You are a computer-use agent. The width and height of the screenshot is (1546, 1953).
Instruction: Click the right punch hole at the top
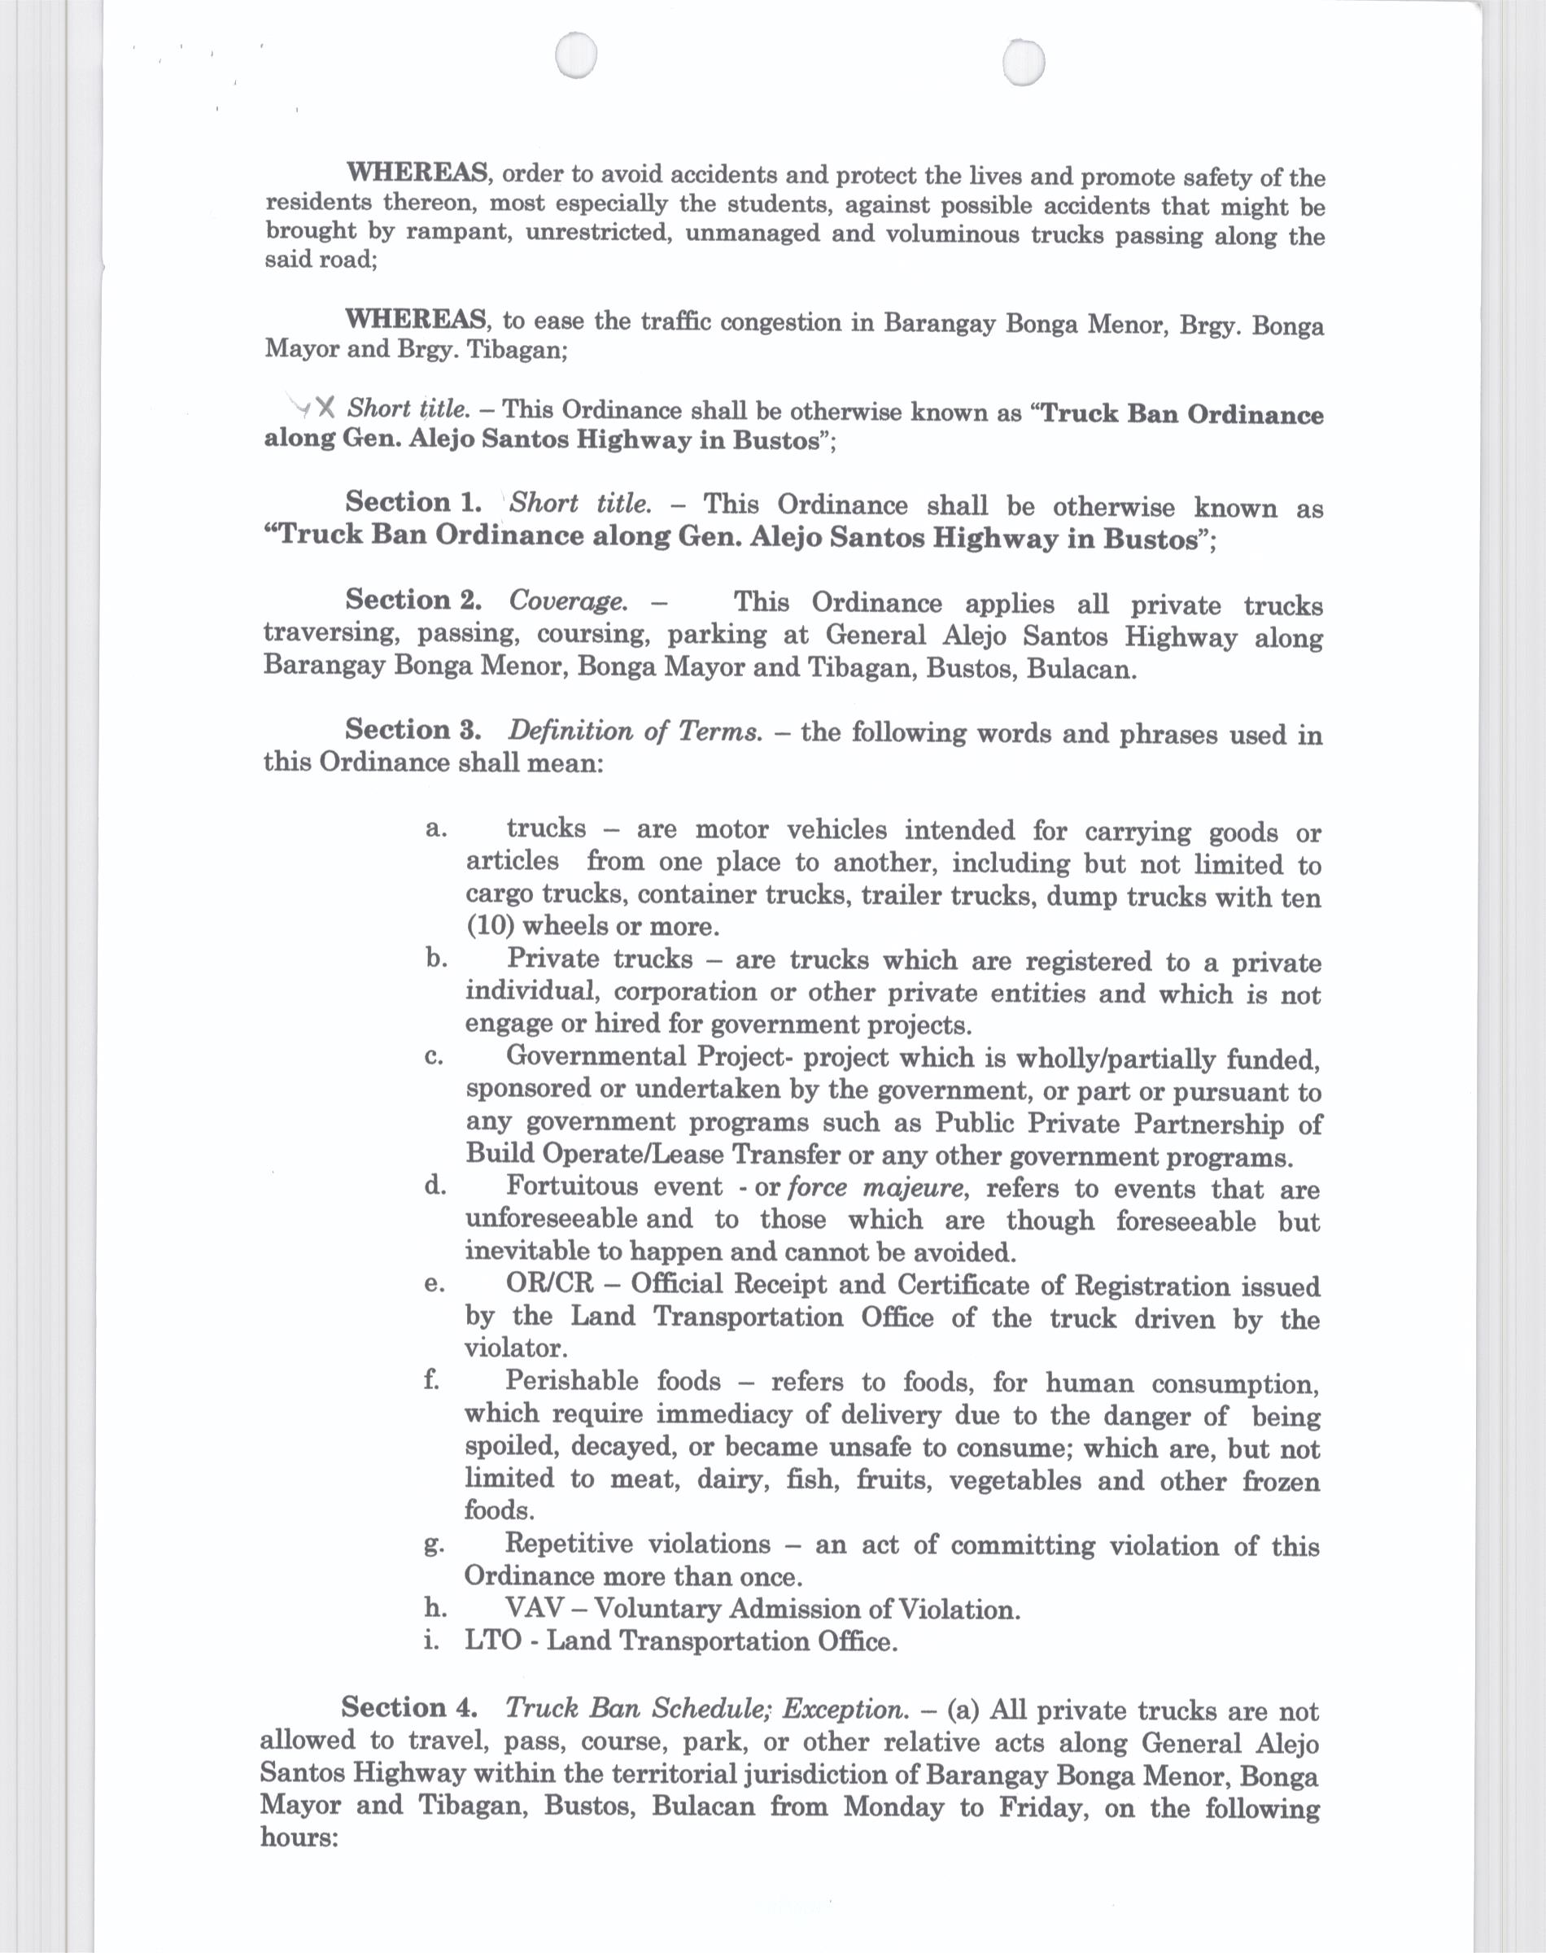point(1024,64)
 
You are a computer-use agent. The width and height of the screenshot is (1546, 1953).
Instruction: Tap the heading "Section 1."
point(413,502)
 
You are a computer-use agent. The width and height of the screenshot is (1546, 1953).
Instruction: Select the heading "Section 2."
point(413,600)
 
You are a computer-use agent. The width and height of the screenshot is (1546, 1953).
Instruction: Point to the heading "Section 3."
point(413,729)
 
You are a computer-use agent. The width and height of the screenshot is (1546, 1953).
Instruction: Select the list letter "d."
point(435,1185)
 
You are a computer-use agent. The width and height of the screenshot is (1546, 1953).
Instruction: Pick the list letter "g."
point(434,1544)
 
